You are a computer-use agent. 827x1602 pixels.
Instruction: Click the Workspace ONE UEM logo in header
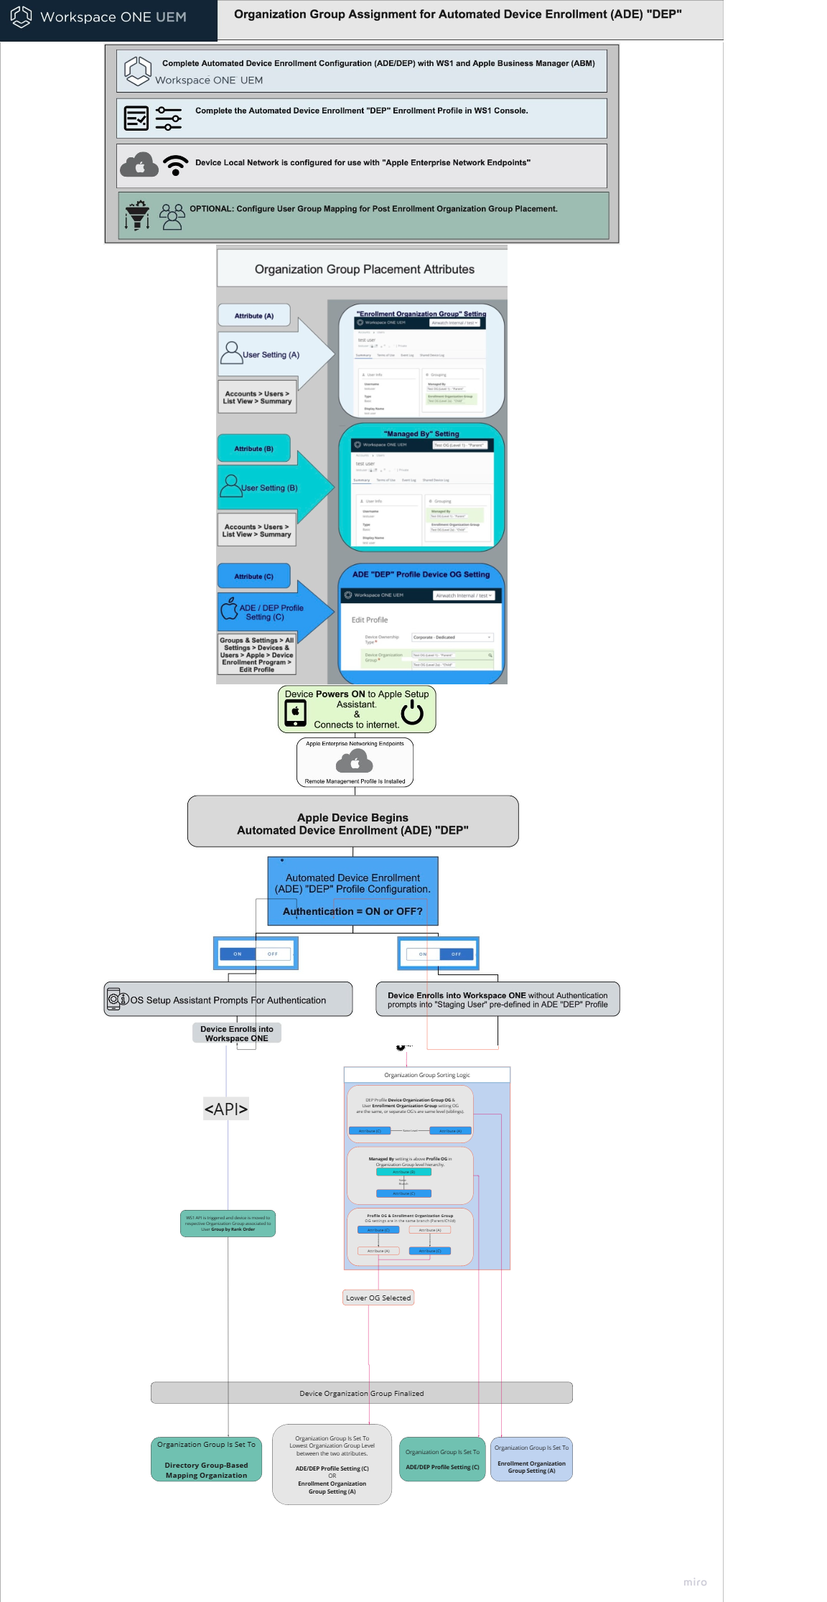click(22, 17)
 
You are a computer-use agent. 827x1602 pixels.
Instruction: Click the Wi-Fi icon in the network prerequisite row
click(175, 165)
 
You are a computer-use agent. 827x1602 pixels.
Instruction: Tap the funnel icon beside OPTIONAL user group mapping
click(137, 215)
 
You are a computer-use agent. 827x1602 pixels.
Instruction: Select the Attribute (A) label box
click(254, 315)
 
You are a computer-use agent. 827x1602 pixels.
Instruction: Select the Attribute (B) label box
click(254, 448)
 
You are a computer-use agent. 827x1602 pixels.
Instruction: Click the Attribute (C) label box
click(254, 576)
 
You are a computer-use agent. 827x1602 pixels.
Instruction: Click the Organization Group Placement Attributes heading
click(364, 269)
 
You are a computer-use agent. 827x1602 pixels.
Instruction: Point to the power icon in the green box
click(412, 712)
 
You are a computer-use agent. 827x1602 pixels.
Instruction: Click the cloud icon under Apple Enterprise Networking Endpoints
click(355, 761)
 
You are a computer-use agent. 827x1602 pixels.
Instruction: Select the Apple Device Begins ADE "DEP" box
click(352, 823)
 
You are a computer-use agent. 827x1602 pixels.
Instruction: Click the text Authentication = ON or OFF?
click(352, 911)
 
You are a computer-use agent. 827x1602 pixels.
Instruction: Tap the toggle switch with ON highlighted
click(256, 954)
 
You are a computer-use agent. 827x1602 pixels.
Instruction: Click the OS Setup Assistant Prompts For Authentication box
click(228, 1000)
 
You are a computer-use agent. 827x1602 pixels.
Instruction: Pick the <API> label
click(226, 1109)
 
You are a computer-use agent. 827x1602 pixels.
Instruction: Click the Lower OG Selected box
click(378, 1298)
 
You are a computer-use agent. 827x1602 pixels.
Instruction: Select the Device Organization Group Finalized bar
click(361, 1393)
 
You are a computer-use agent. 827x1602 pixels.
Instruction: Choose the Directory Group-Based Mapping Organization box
click(206, 1459)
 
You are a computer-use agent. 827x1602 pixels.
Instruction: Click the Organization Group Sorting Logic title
click(426, 1075)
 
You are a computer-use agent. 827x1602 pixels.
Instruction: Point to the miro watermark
click(694, 1582)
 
